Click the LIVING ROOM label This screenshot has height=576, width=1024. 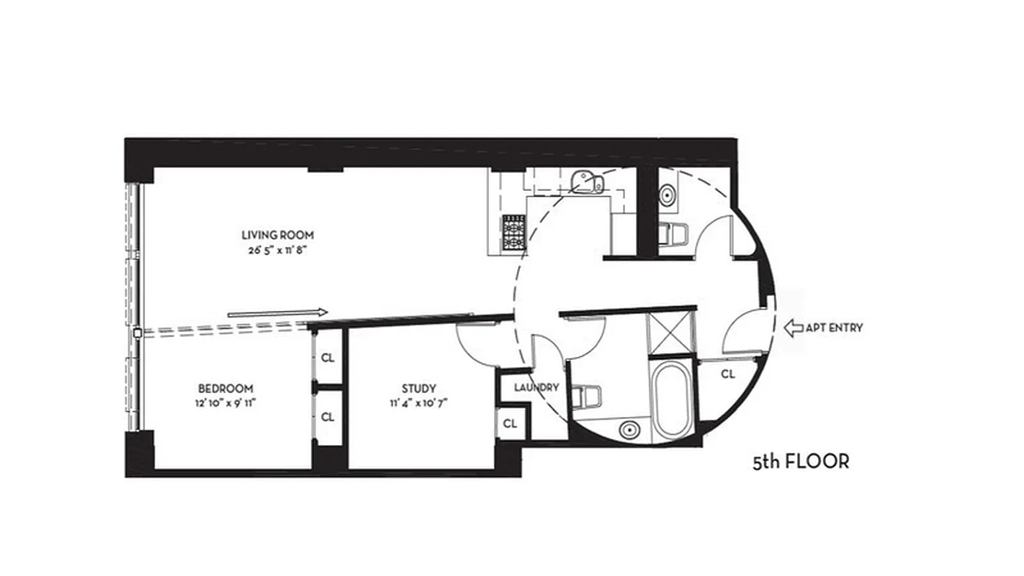[x=277, y=235]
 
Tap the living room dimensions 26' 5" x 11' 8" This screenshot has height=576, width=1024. [x=277, y=252]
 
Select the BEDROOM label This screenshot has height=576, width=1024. [x=225, y=388]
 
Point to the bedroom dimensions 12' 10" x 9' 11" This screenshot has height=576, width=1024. [x=225, y=404]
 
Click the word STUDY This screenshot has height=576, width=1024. [x=419, y=388]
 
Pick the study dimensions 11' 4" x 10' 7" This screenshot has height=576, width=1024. [x=419, y=404]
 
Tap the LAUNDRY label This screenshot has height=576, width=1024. [x=536, y=387]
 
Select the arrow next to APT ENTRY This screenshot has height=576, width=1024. [x=793, y=328]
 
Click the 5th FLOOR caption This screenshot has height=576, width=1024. [x=801, y=462]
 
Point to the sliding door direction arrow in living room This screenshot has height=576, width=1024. [x=277, y=312]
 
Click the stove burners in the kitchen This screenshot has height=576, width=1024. [x=513, y=232]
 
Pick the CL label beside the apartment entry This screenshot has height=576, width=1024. [x=727, y=374]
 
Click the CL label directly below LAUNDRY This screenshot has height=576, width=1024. [x=510, y=423]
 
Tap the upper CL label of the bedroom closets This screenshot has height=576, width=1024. [x=328, y=357]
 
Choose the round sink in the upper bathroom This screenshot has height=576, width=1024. [x=668, y=193]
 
